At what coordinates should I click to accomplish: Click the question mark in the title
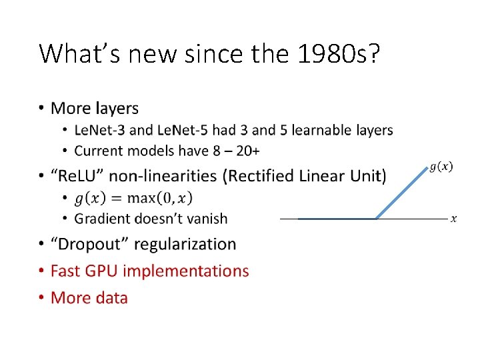point(374,54)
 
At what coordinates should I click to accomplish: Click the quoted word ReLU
point(81,176)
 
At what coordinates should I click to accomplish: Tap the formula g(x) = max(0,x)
point(133,198)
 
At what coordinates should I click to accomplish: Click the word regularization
point(185,245)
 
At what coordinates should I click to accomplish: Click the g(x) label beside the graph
point(441,167)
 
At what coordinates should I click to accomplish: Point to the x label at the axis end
point(453,219)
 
